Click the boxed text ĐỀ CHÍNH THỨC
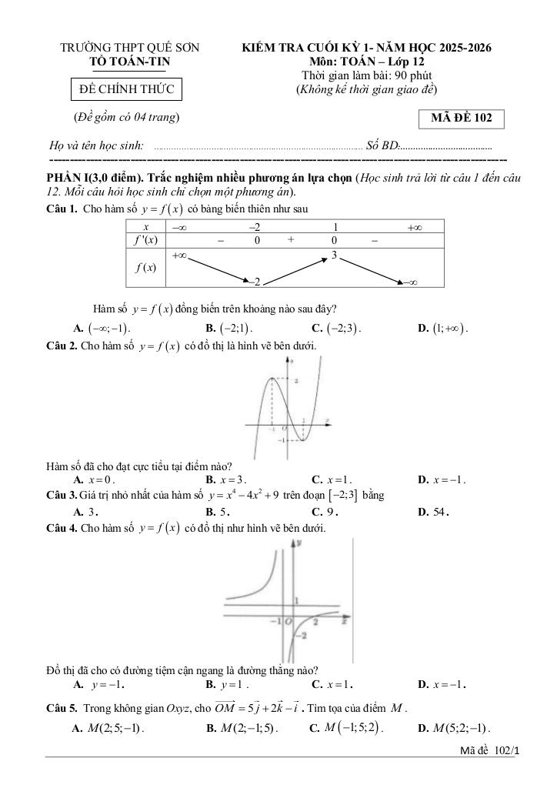tap(127, 90)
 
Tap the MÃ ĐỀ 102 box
tap(462, 119)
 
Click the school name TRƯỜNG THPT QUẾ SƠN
tap(130, 48)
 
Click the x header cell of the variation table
tap(145, 227)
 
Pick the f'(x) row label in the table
tap(145, 240)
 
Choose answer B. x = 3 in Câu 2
tap(225, 479)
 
